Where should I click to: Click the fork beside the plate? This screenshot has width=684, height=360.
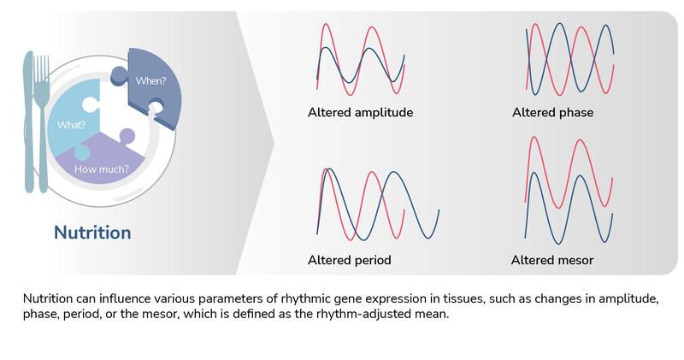tap(43, 128)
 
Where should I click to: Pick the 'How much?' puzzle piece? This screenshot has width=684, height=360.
tap(107, 162)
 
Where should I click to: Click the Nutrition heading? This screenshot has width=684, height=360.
tap(92, 232)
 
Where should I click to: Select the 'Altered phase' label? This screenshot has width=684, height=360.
tap(552, 112)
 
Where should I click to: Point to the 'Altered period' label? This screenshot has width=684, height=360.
tap(349, 259)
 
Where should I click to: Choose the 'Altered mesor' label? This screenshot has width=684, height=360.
tap(551, 259)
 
